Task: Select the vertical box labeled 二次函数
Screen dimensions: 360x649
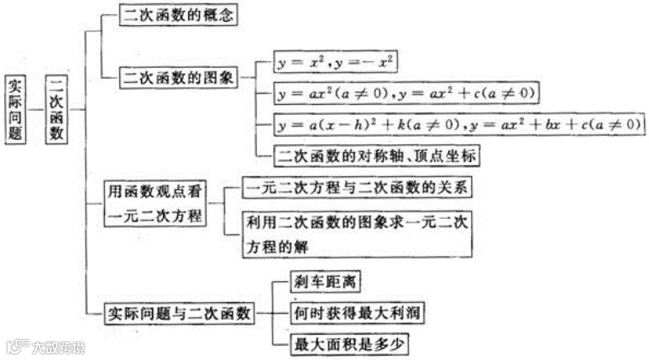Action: (56, 110)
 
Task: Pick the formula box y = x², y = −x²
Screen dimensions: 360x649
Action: (336, 62)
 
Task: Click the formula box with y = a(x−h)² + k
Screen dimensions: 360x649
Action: (458, 124)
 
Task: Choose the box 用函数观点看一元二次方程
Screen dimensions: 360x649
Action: (156, 204)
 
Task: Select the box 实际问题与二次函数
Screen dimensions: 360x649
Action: (179, 313)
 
